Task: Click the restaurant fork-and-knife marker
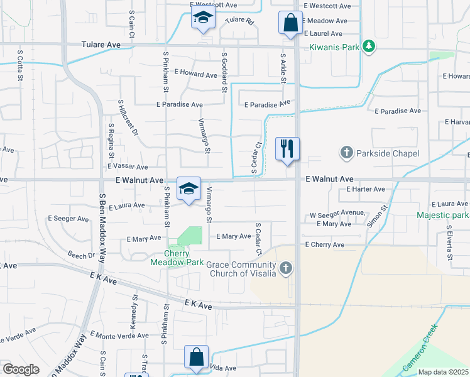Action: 287,150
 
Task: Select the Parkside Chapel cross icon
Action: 346,152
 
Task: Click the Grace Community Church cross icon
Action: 286,269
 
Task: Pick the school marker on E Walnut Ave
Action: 189,188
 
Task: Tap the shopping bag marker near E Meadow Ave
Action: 290,23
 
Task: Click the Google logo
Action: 21,369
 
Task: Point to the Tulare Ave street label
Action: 101,45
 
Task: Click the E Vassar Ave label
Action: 128,167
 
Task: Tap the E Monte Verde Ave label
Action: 119,336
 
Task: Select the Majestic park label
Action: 442,216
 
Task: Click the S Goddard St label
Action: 224,72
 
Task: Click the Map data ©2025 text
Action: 444,372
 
